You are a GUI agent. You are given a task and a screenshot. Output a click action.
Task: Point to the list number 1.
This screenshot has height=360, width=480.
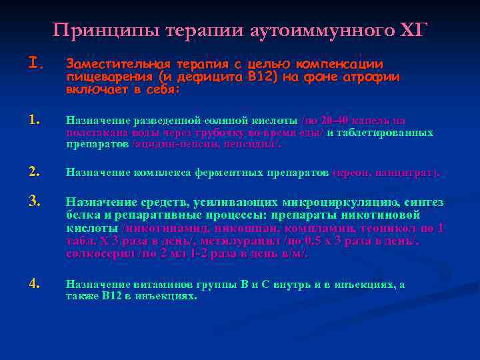(36, 121)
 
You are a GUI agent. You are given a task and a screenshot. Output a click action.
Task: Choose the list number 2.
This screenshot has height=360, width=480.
(36, 172)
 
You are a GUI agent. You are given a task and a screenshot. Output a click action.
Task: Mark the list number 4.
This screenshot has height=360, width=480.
(36, 283)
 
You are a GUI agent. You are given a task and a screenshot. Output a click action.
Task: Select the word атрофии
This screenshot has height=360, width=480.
(377, 77)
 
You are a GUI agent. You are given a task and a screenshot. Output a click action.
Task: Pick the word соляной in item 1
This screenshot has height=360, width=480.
(226, 121)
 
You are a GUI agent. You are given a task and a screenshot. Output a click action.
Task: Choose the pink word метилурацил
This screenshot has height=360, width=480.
(245, 241)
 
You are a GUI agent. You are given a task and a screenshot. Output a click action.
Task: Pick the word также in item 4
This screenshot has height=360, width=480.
(80, 296)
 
